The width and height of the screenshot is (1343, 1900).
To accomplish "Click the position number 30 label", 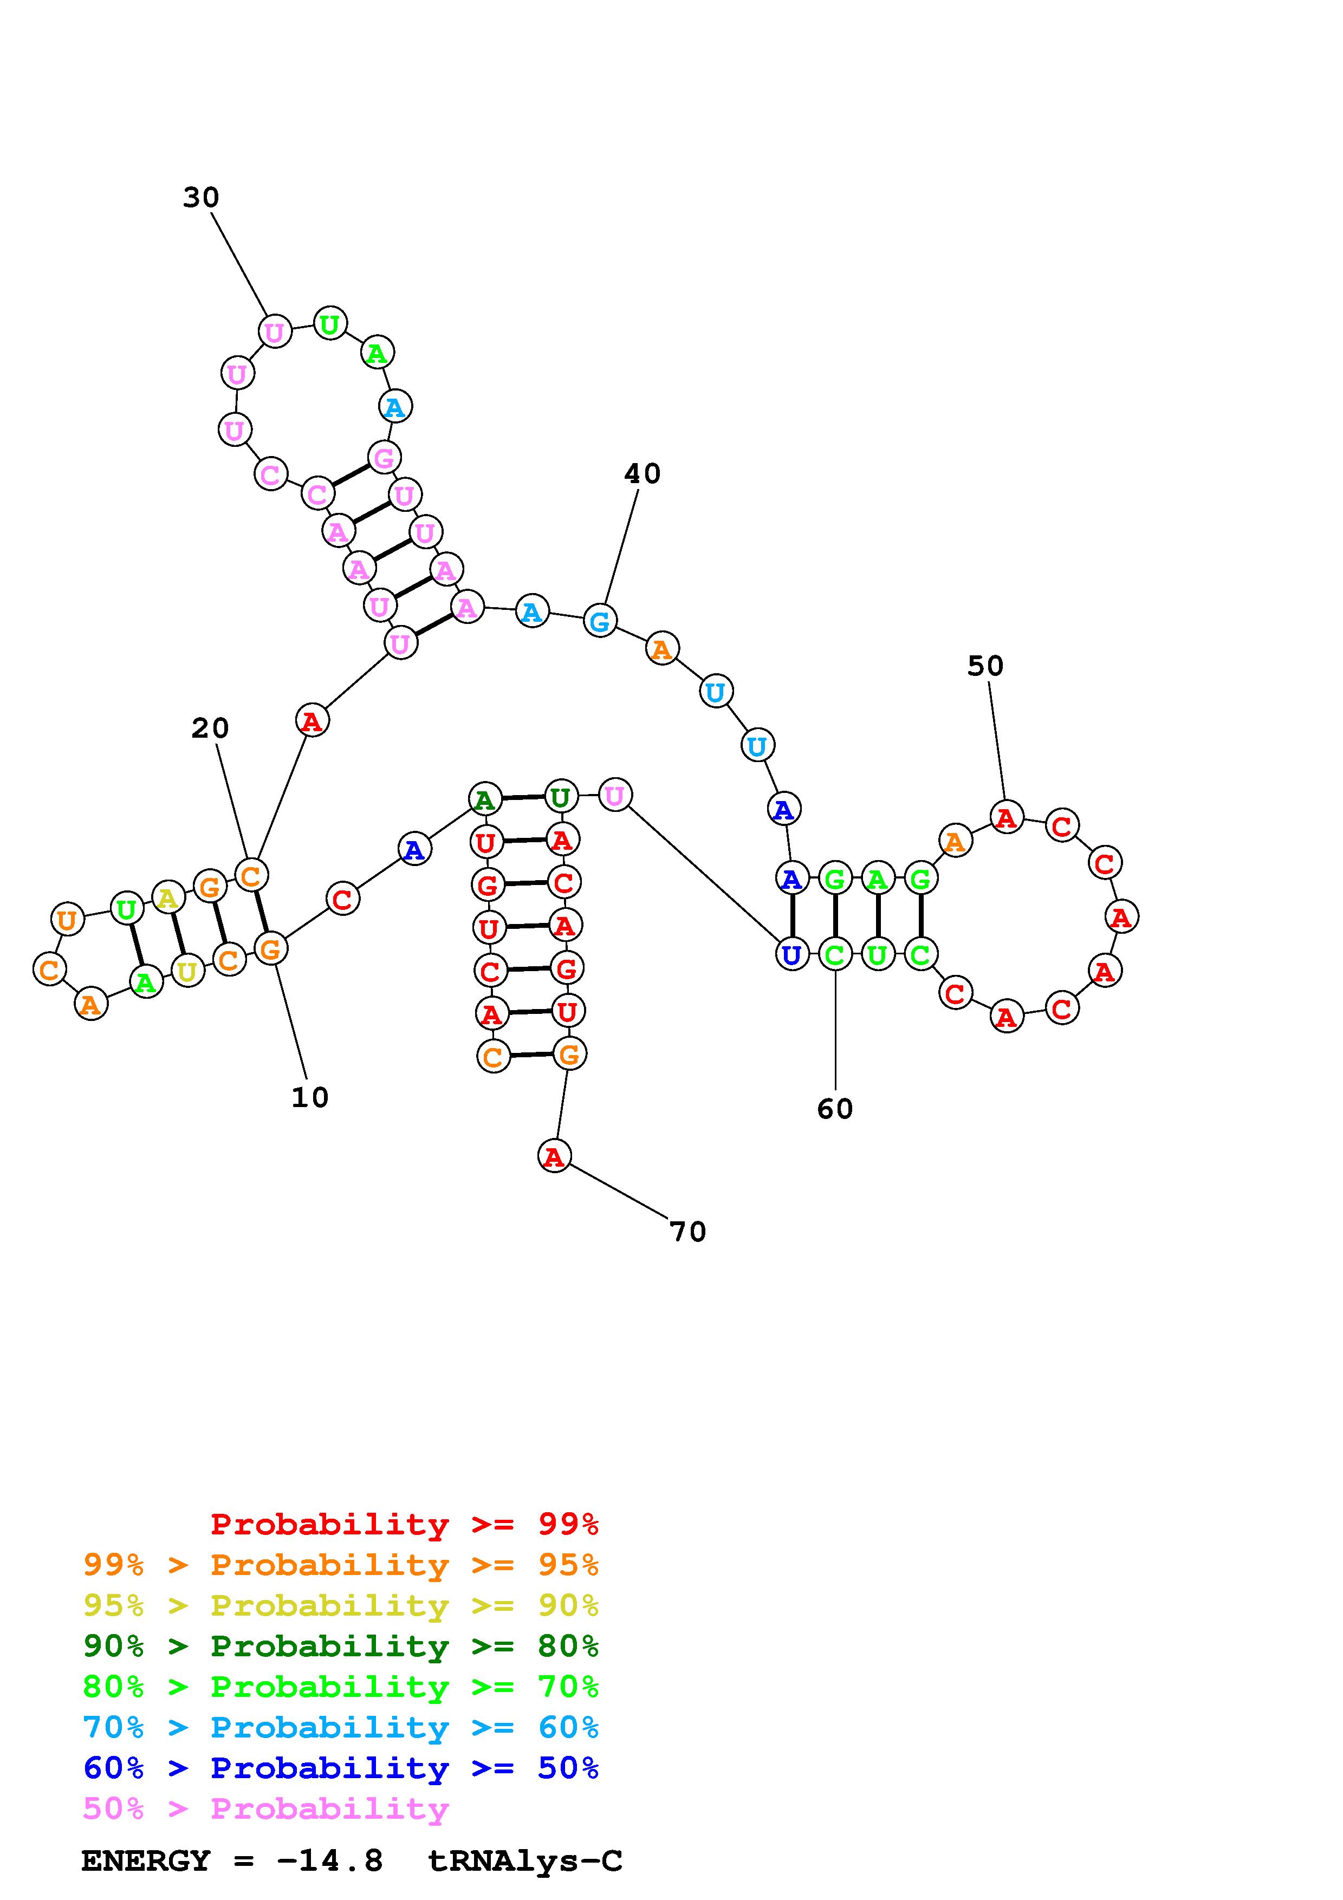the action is [x=201, y=198].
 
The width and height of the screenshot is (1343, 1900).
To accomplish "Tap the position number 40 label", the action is [x=642, y=474].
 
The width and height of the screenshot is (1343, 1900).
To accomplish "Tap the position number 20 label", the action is [x=210, y=728].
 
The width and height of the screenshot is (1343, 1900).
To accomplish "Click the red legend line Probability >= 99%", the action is [x=404, y=1524].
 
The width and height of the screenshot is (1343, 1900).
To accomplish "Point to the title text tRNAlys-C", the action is [x=524, y=1861].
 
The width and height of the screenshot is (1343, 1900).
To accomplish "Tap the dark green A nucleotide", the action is [x=485, y=799].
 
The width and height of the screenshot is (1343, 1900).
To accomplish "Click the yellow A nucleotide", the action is [x=168, y=896].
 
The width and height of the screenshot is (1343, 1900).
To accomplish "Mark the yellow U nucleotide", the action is [x=188, y=970].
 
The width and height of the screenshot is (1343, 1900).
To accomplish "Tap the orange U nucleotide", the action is [x=67, y=919].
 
